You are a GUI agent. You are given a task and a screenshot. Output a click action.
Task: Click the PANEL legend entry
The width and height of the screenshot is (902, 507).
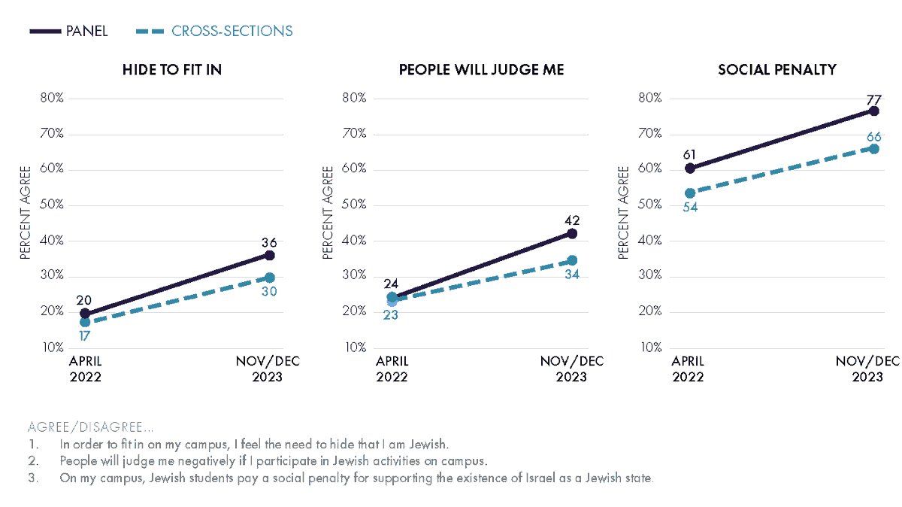[x=68, y=31]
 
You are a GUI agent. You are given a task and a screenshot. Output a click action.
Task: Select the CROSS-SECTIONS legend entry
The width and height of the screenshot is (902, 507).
[x=214, y=31]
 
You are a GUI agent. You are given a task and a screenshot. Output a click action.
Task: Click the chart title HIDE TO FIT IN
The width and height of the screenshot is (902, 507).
[x=172, y=70]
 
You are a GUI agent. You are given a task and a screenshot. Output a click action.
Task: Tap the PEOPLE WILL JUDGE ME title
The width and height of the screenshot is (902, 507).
[x=481, y=70]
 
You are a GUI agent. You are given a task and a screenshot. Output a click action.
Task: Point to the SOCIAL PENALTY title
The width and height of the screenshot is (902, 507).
[x=777, y=70]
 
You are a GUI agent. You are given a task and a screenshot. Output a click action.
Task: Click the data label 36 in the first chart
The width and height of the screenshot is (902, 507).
[x=269, y=243]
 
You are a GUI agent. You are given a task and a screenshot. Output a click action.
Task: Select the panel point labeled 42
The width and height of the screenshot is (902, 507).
[x=572, y=234]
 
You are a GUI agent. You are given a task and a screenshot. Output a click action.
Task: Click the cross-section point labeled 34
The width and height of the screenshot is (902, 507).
[x=572, y=260]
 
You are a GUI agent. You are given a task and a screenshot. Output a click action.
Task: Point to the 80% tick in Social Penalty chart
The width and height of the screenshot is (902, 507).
[x=649, y=98]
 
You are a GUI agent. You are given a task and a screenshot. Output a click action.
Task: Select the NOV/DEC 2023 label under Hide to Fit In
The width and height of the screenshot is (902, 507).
[x=268, y=369]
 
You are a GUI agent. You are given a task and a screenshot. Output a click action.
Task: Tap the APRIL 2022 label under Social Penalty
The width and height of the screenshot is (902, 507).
[x=689, y=369]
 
